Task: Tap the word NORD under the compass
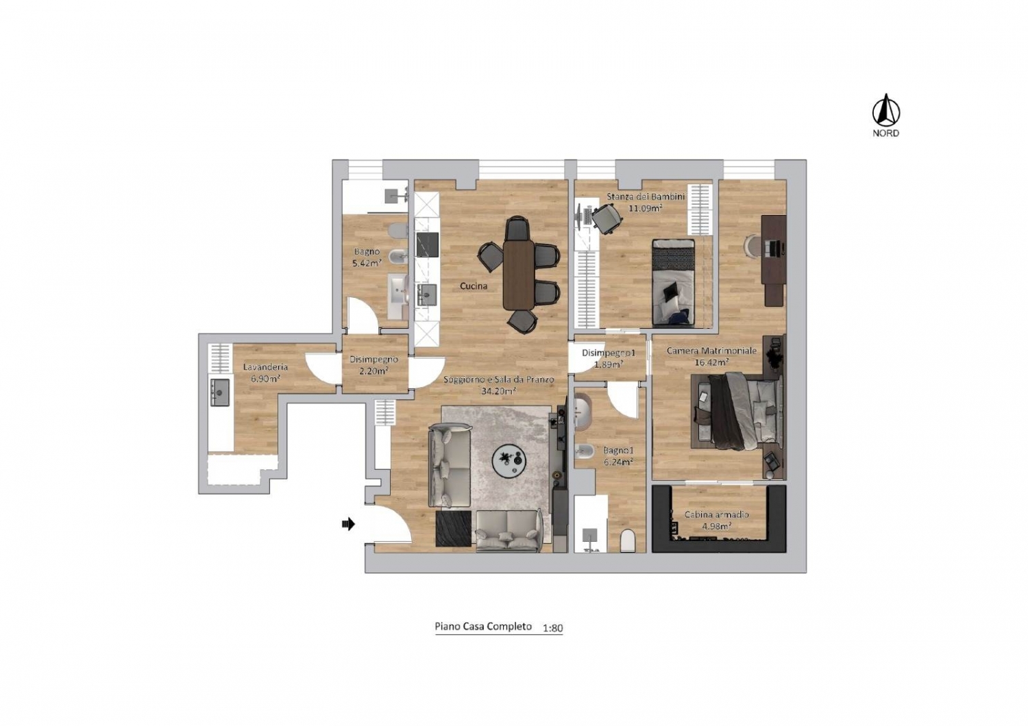pyautogui.click(x=885, y=134)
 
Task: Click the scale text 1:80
pyautogui.click(x=552, y=628)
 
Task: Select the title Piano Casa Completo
pyautogui.click(x=483, y=627)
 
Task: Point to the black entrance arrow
pyautogui.click(x=349, y=523)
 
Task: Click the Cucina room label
pyautogui.click(x=474, y=286)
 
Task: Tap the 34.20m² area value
pyautogui.click(x=498, y=391)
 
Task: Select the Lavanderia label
pyautogui.click(x=265, y=367)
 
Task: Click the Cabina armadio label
pyautogui.click(x=716, y=514)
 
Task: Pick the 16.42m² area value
pyautogui.click(x=712, y=362)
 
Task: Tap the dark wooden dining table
pyautogui.click(x=519, y=275)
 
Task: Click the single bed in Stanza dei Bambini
pyautogui.click(x=673, y=282)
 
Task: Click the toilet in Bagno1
pyautogui.click(x=627, y=541)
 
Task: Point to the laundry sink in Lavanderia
pyautogui.click(x=220, y=392)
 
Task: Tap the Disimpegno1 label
pyautogui.click(x=609, y=353)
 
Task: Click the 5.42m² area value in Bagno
pyautogui.click(x=367, y=264)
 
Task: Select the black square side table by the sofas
pyautogui.click(x=454, y=528)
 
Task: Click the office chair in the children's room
pyautogui.click(x=607, y=217)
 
